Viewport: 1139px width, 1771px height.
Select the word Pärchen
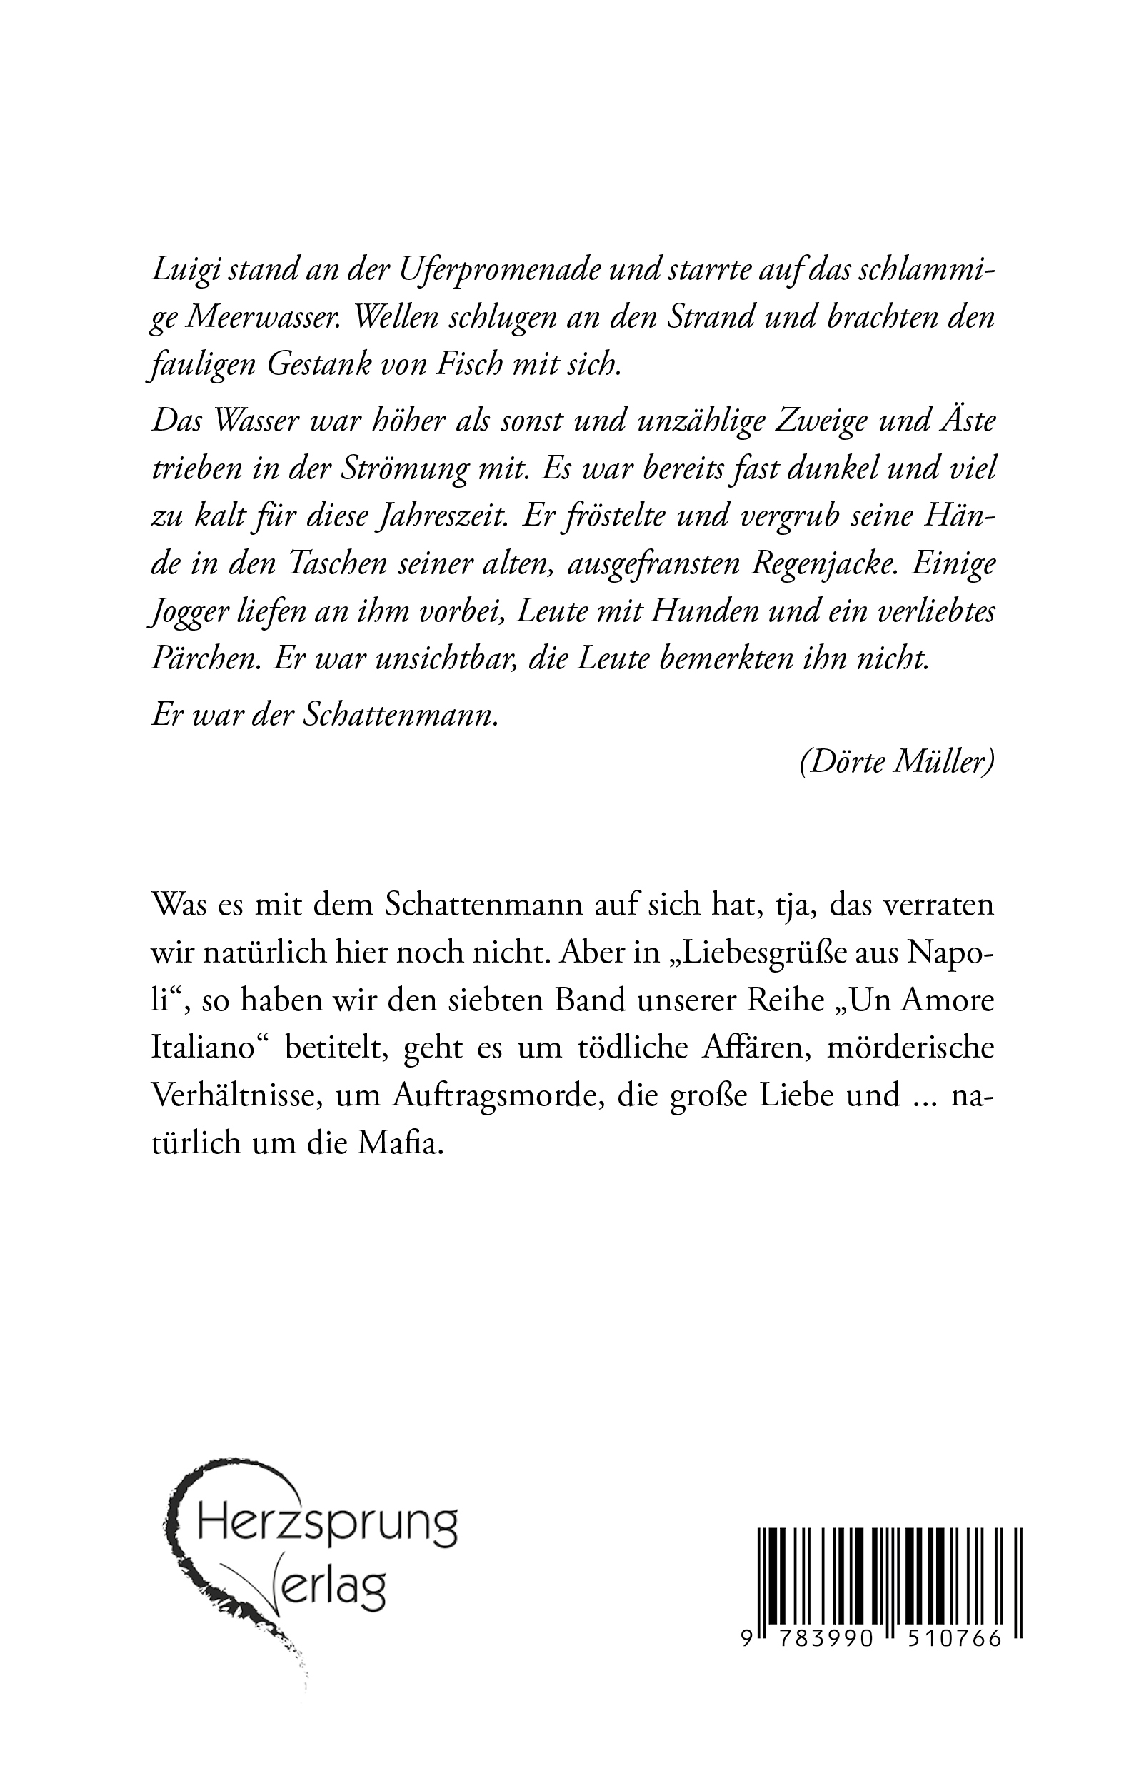(205, 659)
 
